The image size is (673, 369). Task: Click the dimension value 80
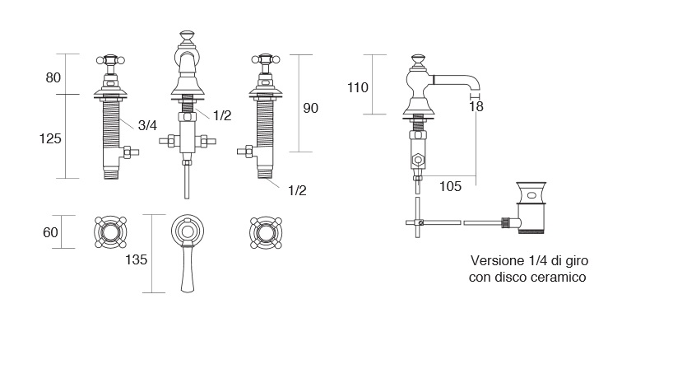coord(53,78)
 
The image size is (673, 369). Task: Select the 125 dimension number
coord(51,139)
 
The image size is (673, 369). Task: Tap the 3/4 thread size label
coord(147,125)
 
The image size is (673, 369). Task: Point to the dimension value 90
coord(311,108)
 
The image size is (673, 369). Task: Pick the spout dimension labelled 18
coord(476,105)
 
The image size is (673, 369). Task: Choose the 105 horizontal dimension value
coord(449,187)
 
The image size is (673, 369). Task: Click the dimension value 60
coord(50,233)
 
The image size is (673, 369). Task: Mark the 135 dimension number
coord(137,260)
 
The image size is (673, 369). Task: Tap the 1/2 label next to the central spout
coord(221,116)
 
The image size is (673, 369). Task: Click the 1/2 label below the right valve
coord(297,190)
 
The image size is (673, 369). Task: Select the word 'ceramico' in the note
coord(559,278)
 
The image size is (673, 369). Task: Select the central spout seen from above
coord(188,247)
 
